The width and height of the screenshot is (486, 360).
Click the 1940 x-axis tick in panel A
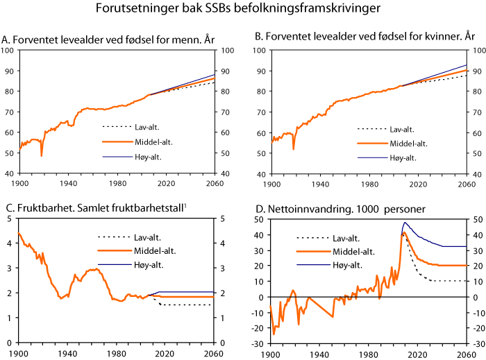pos(67,182)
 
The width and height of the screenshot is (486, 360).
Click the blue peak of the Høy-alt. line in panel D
pos(405,223)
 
